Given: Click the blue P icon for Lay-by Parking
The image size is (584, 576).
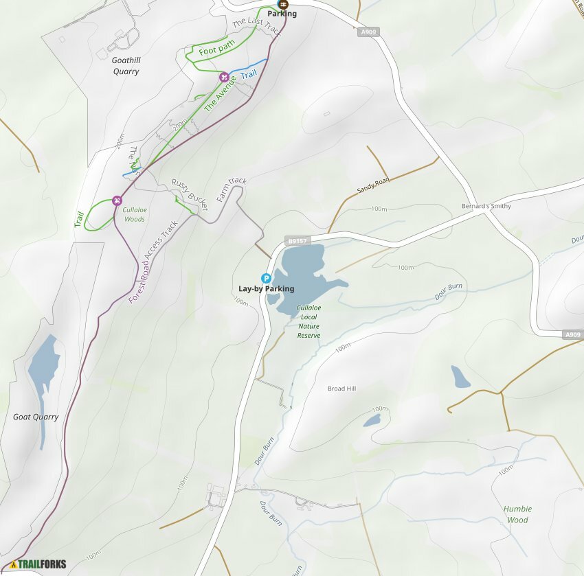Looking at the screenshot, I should coord(267,278).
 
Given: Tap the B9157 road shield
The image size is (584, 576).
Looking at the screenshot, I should coord(297,241).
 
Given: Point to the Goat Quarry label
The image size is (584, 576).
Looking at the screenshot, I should coord(36,417).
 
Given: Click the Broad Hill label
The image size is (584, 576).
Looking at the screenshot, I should coord(341,389).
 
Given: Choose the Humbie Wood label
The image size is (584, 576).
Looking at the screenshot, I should coord(517,514).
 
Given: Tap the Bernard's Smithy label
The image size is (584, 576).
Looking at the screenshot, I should coord(486,207).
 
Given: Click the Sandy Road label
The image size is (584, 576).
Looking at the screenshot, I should coord(372,185).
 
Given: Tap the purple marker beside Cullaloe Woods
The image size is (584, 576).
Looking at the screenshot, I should coord(117,200).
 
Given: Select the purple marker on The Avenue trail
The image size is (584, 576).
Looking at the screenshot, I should coord(224,77).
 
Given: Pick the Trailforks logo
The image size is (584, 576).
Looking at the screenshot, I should coord(38,564).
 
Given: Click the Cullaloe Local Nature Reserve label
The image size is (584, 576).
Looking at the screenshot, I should coord(309,321).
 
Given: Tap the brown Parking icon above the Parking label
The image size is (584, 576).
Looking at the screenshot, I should coord(282,3).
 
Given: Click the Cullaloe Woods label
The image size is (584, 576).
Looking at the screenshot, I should coord(134,214).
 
